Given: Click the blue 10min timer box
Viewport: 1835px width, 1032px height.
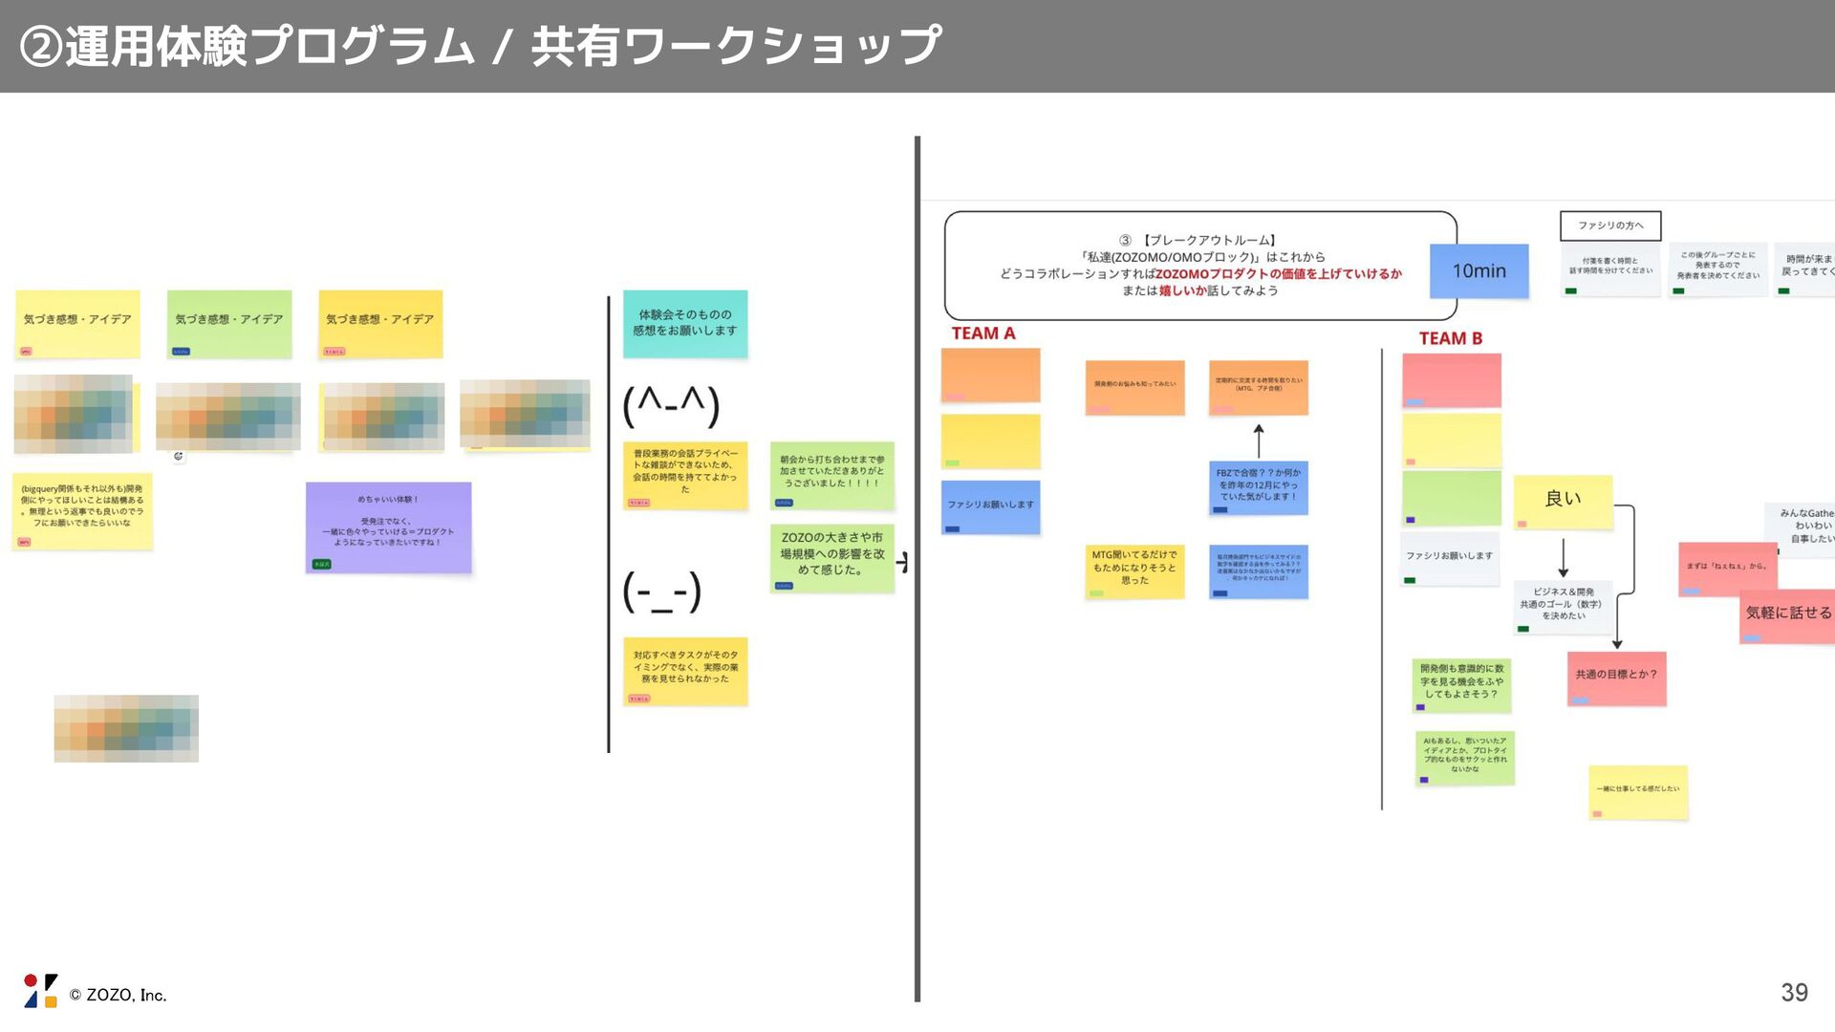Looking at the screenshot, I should (1479, 271).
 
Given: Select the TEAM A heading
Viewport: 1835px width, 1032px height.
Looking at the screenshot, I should (982, 333).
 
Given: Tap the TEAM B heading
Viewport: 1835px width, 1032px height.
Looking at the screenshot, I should (1450, 338).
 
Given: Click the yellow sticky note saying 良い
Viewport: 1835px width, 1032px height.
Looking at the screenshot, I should (1563, 501).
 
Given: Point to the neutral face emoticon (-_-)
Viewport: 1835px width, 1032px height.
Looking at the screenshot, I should (662, 591).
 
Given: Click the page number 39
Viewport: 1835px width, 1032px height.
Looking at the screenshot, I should (1794, 993).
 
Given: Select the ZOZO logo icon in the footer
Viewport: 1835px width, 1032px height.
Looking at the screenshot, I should (40, 991).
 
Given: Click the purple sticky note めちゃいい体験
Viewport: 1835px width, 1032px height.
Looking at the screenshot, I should (388, 527).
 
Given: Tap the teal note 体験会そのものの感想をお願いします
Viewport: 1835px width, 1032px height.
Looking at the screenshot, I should (685, 324).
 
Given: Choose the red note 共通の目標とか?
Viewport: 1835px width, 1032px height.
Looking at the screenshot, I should (1616, 677).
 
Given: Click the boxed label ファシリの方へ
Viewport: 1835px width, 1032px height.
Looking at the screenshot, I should (1610, 226).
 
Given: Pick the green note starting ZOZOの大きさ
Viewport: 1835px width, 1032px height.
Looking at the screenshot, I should (831, 557).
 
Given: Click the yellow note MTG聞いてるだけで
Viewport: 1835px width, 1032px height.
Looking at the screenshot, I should (1134, 570).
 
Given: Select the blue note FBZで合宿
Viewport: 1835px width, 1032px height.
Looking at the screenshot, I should (1258, 487).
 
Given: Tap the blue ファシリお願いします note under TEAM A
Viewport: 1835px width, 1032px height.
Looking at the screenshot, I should (990, 506).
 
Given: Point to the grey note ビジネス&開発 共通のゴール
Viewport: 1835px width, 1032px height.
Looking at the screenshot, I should (1563, 607).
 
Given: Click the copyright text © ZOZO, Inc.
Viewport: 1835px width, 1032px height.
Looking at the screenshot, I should (118, 996).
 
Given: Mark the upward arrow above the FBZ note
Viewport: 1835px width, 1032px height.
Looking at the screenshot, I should (1259, 441).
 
